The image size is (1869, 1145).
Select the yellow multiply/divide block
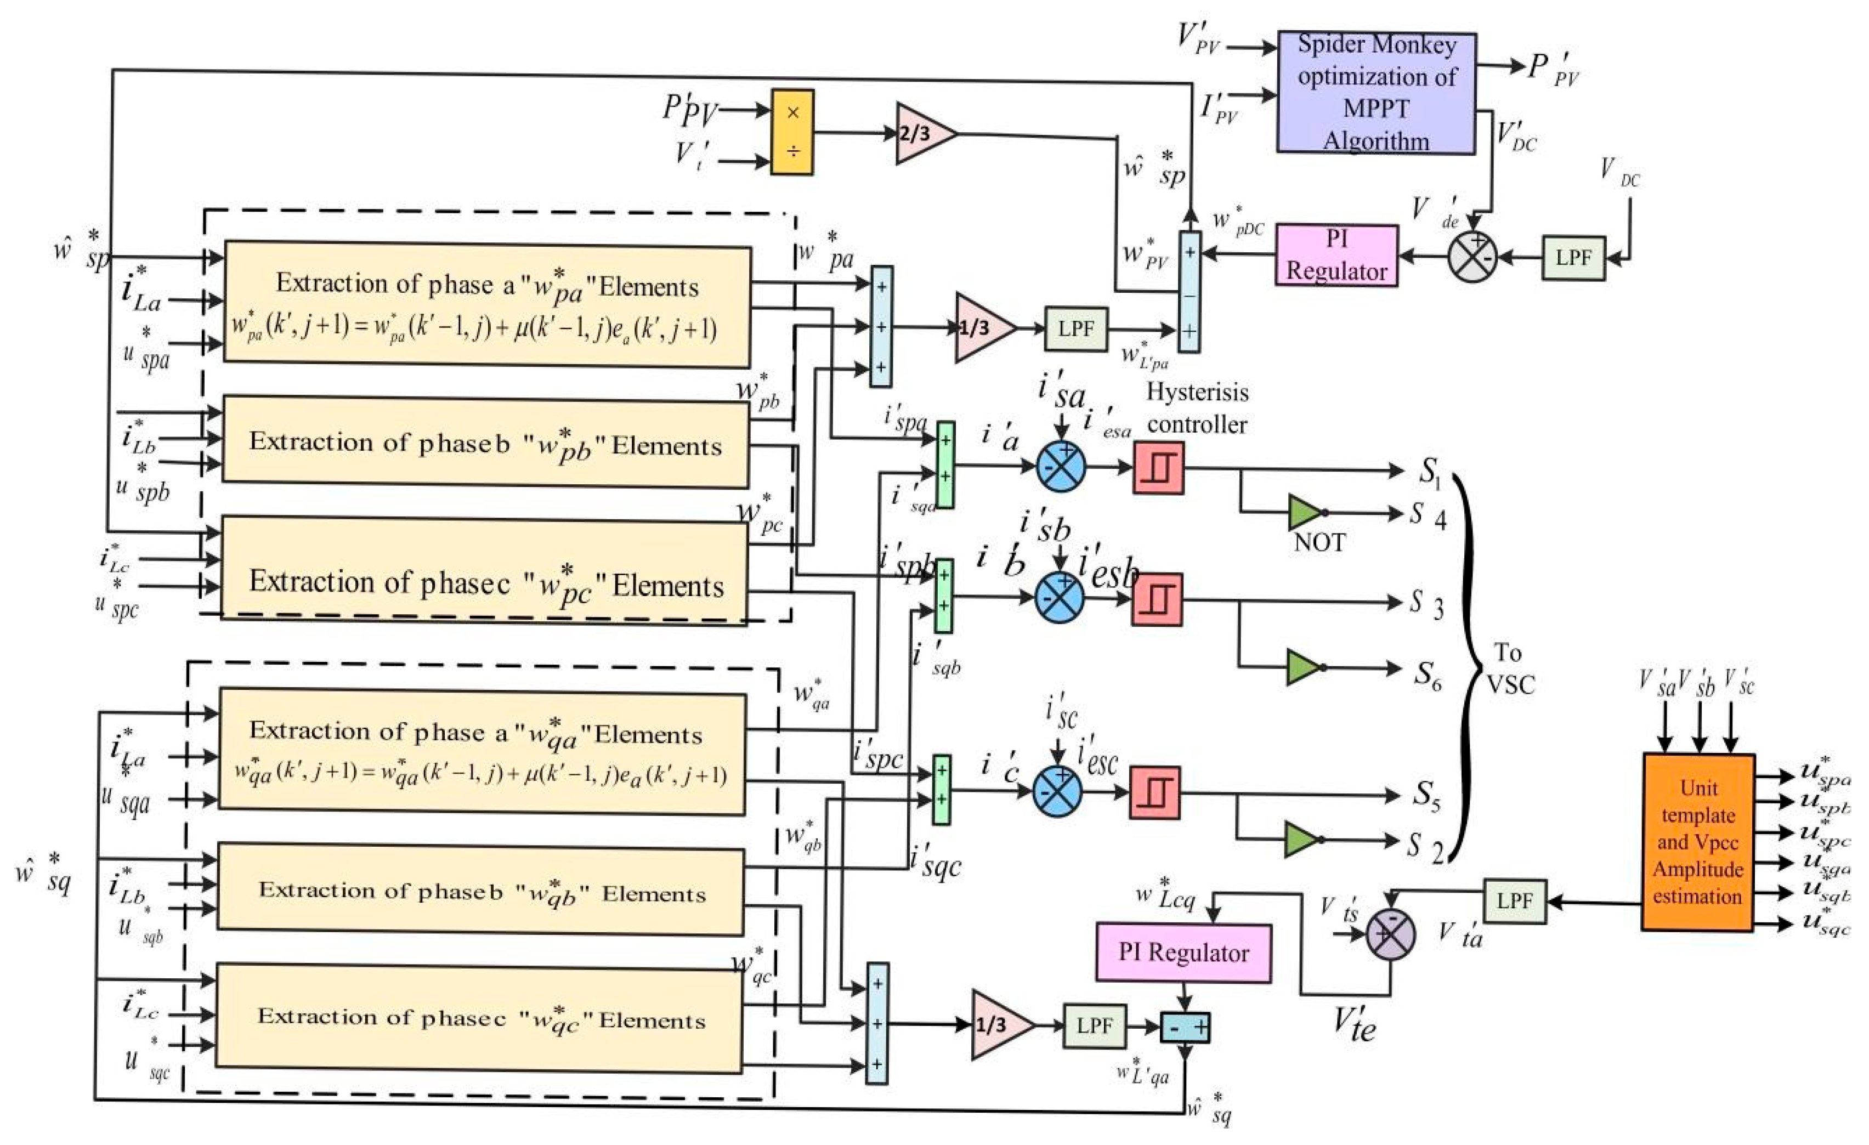tap(792, 133)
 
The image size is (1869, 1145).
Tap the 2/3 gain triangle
tap(921, 133)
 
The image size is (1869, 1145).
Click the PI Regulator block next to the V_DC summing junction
tap(1336, 256)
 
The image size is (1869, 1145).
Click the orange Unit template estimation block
tap(1697, 842)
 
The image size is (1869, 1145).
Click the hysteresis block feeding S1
tap(1158, 468)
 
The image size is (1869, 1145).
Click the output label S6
tap(1426, 673)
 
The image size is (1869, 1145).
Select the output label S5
tap(1425, 795)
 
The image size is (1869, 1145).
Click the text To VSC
tap(1509, 669)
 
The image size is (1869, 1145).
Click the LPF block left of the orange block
tap(1514, 901)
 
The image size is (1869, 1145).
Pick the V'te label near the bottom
tap(1354, 1025)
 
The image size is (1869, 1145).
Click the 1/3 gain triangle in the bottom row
tap(998, 1025)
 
